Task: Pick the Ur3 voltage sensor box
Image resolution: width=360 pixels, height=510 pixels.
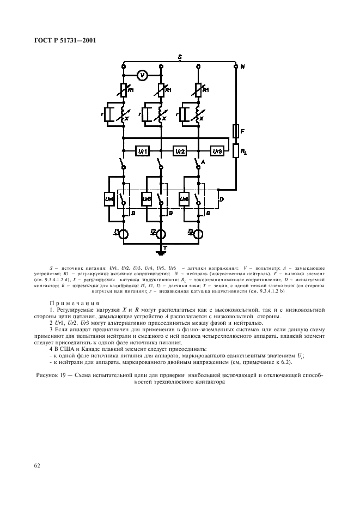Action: click(217, 150)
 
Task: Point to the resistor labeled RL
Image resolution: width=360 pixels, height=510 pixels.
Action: click(236, 151)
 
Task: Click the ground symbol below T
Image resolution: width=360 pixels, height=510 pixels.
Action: click(162, 252)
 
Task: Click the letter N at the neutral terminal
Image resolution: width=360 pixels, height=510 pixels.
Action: click(243, 66)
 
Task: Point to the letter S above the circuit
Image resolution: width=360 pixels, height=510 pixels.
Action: click(179, 57)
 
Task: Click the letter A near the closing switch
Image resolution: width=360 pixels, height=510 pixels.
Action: click(203, 162)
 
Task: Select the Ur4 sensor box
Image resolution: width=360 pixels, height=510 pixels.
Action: click(109, 200)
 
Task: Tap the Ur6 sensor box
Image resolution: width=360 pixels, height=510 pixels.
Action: click(184, 200)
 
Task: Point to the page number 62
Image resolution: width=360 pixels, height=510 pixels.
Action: click(38, 465)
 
